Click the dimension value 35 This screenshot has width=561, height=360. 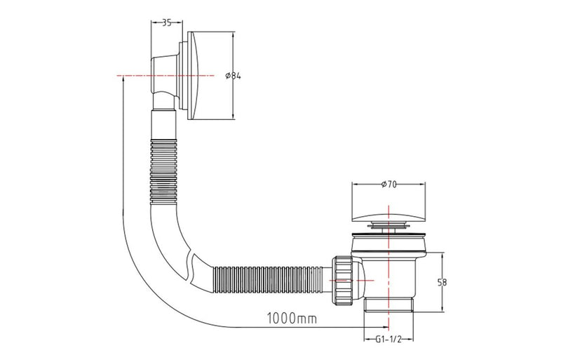(167, 22)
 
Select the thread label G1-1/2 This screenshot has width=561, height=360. (387, 339)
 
